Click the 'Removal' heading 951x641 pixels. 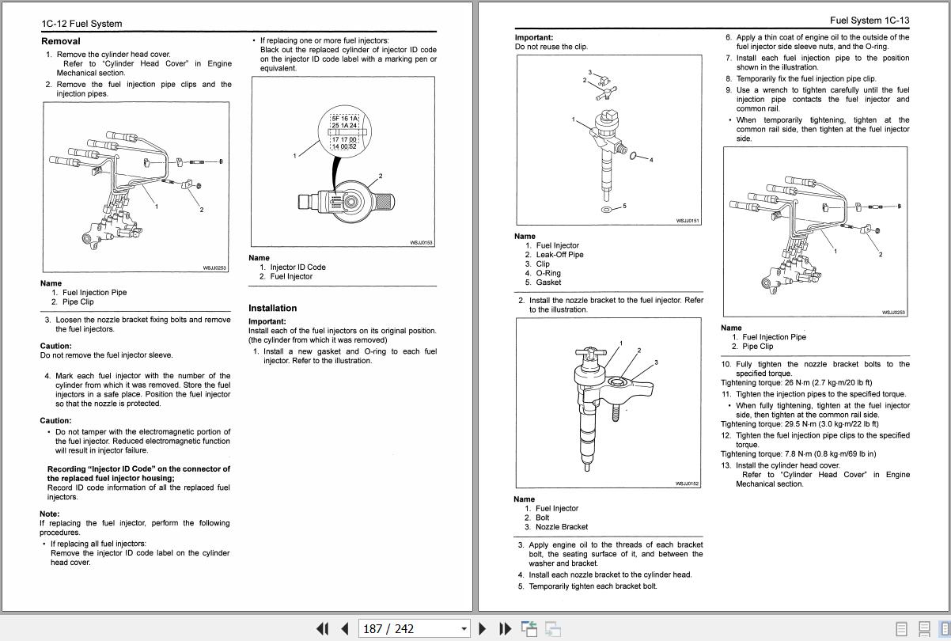click(61, 41)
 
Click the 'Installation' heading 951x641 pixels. click(272, 308)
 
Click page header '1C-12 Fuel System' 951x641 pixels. click(81, 24)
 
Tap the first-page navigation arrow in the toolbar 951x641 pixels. click(322, 628)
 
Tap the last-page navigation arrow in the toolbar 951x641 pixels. click(505, 628)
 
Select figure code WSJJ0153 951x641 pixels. click(421, 242)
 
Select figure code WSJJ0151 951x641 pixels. click(688, 221)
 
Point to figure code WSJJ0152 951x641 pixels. click(688, 484)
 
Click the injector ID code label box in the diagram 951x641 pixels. click(344, 132)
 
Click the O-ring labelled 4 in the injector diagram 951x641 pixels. click(635, 156)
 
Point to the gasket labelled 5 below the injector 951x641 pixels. click(606, 210)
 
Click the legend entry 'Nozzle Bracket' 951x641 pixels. click(561, 527)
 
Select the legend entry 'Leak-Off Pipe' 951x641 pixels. click(559, 255)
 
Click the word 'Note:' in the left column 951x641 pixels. click(50, 514)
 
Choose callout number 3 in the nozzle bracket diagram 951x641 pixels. click(656, 362)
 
